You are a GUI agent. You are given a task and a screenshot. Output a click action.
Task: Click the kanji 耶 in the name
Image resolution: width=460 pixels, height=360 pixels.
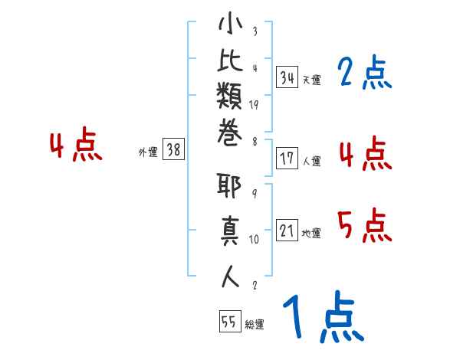pos(230,188)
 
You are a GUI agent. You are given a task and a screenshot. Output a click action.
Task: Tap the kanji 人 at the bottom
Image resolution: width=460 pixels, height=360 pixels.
pos(230,274)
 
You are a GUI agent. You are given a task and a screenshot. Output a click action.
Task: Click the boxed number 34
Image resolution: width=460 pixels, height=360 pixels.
pos(287,77)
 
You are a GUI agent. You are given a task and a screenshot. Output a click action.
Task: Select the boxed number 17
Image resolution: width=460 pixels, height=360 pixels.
pos(287,159)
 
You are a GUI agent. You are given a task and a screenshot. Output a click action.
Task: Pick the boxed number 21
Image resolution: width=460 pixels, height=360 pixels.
pos(287,231)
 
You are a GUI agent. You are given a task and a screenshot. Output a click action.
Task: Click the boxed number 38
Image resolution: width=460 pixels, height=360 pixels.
pos(173,150)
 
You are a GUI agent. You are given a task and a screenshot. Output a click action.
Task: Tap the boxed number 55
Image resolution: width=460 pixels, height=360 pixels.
pos(229,322)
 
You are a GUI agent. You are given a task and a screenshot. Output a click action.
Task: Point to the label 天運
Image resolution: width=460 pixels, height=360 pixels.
pos(311,80)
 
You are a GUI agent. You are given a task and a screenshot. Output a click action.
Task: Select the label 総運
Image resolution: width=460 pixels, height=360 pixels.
pos(255,325)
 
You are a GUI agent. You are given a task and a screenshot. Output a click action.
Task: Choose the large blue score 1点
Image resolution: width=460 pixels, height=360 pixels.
pos(322,318)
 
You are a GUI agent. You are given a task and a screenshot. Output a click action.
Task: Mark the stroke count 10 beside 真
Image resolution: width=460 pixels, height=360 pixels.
pos(254,239)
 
